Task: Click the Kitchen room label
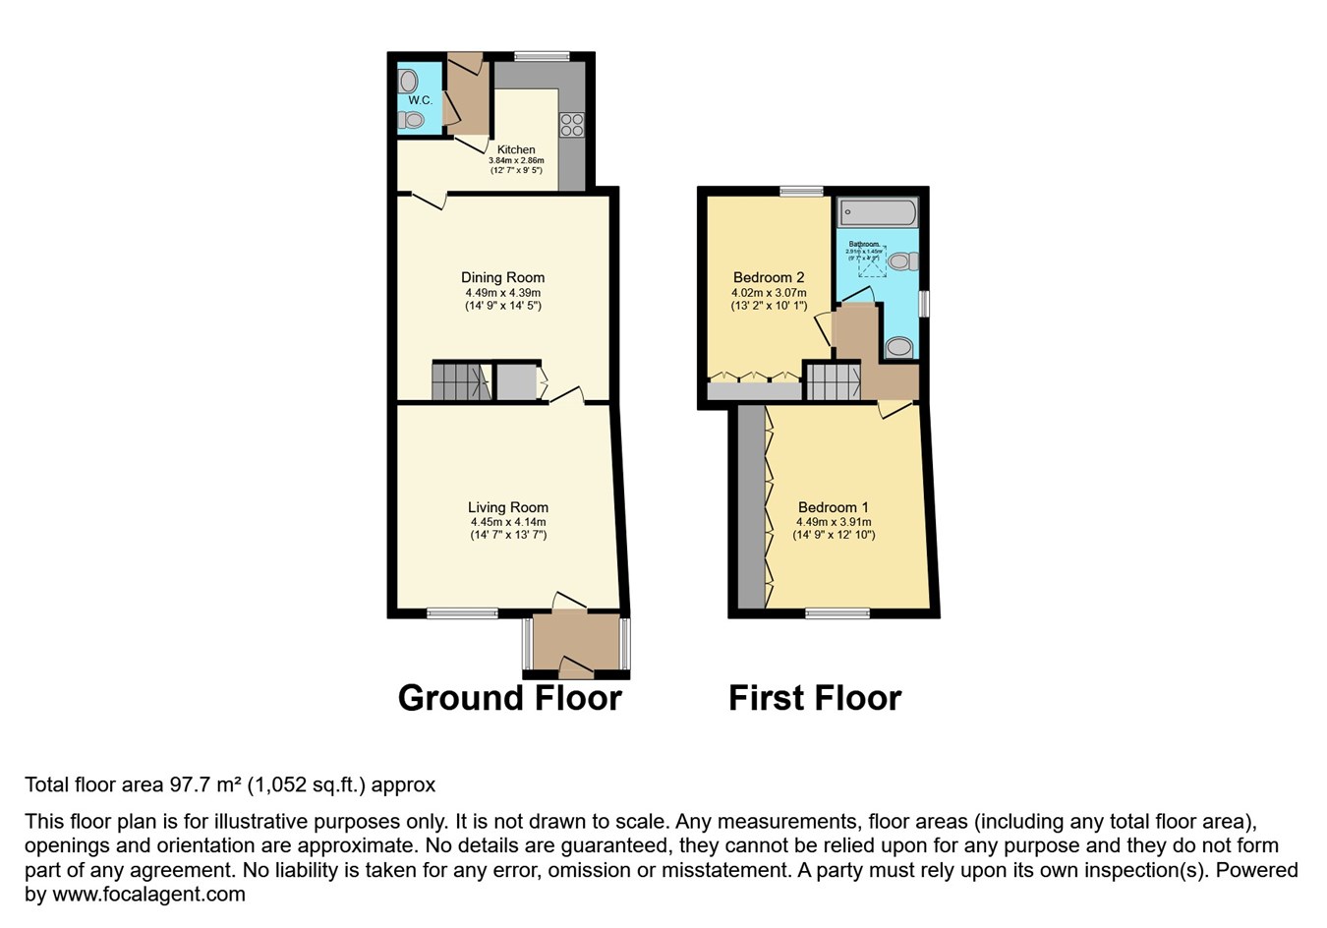[516, 149]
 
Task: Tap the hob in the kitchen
[571, 125]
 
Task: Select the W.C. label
[420, 100]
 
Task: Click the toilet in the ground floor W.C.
[412, 120]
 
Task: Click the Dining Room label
[502, 277]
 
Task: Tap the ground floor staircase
[459, 381]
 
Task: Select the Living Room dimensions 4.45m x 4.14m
[507, 522]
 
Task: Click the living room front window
[462, 613]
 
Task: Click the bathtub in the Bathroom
[878, 212]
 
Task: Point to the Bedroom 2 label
[768, 277]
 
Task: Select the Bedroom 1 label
[834, 507]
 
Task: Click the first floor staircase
[833, 381]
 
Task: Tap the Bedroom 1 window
[837, 613]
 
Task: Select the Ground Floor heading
[509, 698]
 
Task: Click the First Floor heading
[814, 698]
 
